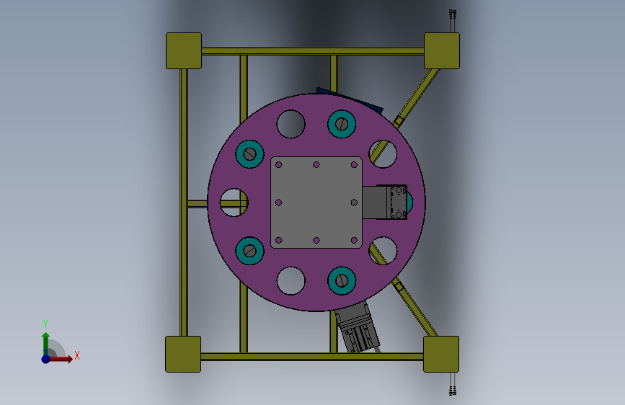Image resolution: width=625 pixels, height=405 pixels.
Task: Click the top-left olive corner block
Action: [x=184, y=51]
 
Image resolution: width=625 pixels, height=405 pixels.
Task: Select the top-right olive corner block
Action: [x=442, y=51]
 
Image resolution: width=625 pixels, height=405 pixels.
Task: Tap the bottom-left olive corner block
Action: [x=183, y=354]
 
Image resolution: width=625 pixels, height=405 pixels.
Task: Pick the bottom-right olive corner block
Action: [x=441, y=354]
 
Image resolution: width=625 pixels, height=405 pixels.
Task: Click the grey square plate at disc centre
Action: [x=316, y=202]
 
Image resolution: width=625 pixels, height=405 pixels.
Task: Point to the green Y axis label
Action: [x=45, y=324]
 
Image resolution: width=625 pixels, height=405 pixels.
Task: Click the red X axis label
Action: [x=77, y=355]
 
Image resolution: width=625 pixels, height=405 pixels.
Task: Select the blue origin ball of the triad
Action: [x=46, y=359]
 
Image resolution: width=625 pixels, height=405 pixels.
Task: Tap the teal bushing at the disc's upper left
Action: [x=249, y=154]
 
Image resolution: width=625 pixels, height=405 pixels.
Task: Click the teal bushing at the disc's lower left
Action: [x=249, y=251]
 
